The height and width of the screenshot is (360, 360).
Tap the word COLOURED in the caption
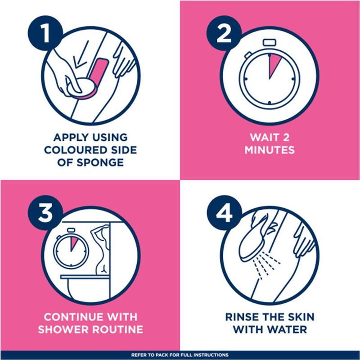(76, 149)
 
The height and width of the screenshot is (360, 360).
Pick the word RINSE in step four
(246, 316)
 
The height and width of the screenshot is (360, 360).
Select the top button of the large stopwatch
(269, 42)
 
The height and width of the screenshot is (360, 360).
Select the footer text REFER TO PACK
(180, 355)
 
